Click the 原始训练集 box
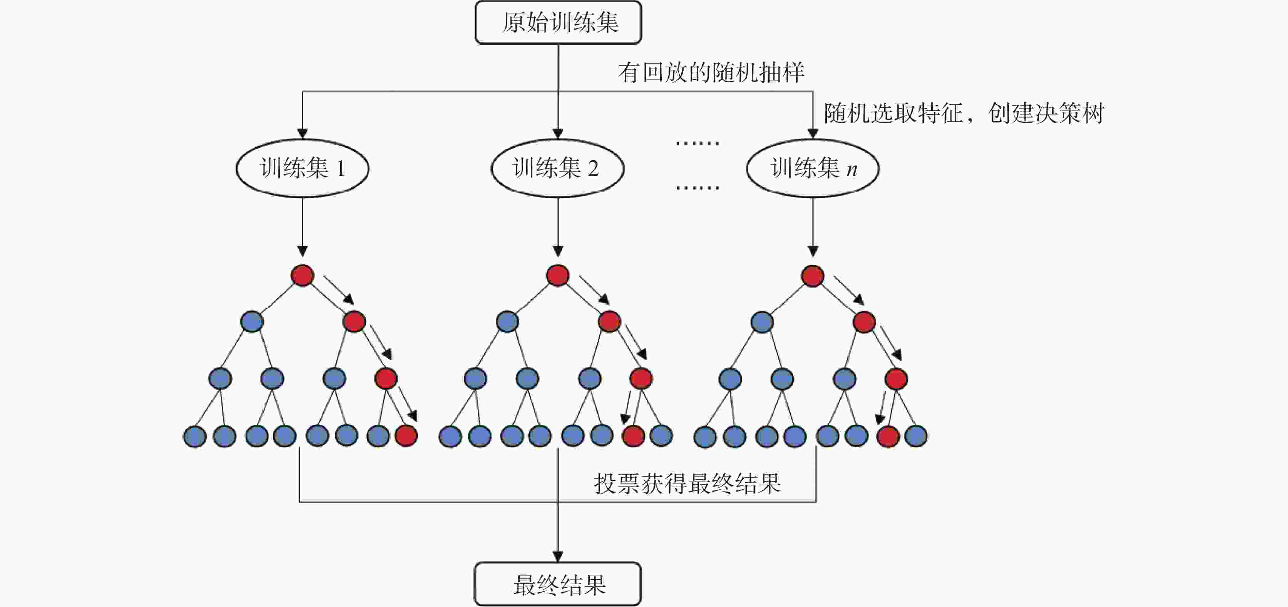pyautogui.click(x=558, y=22)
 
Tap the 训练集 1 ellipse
pyautogui.click(x=302, y=168)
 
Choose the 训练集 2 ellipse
pyautogui.click(x=557, y=168)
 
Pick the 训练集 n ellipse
pyautogui.click(x=813, y=168)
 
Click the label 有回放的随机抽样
pyautogui.click(x=711, y=72)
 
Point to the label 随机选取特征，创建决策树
pyautogui.click(x=963, y=113)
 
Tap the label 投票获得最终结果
pyautogui.click(x=687, y=483)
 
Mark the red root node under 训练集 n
pyautogui.click(x=813, y=276)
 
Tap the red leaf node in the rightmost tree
pyautogui.click(x=888, y=436)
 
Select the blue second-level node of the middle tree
pyautogui.click(x=507, y=321)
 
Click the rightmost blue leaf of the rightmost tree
pyautogui.click(x=916, y=436)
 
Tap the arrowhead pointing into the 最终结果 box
pyautogui.click(x=558, y=557)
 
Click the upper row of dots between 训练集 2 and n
pyautogui.click(x=697, y=143)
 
